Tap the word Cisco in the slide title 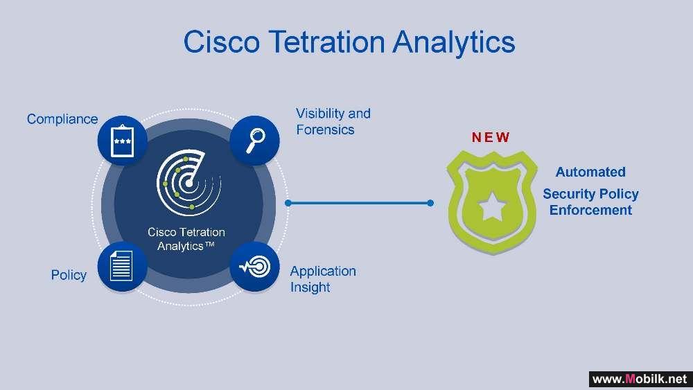point(222,42)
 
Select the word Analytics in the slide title point(454,42)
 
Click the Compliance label point(62,119)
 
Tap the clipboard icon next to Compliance point(123,141)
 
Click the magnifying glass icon point(255,141)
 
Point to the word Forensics point(325,130)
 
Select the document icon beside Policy point(121,265)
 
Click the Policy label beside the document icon point(69,275)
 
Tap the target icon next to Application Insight point(254,266)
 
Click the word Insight point(310,287)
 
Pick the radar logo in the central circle point(188,182)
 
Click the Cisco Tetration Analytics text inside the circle point(186,239)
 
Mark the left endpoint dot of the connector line point(288,203)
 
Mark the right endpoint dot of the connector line point(430,203)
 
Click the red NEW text point(491,137)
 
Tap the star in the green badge point(492,206)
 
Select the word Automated point(590,172)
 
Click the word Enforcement point(590,210)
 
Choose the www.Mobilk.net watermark point(640,379)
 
